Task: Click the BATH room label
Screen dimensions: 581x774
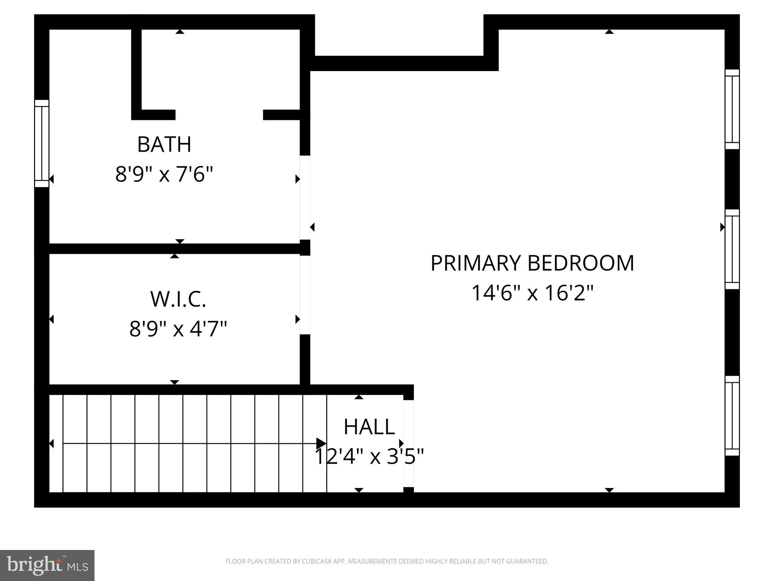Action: pos(164,144)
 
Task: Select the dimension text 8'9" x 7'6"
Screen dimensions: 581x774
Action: pos(164,175)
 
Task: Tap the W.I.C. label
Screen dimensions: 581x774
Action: pos(178,299)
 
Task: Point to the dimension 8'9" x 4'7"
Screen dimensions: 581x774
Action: pos(178,328)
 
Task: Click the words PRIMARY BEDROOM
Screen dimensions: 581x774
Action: pos(532,263)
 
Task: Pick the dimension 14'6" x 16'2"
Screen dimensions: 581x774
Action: pos(532,293)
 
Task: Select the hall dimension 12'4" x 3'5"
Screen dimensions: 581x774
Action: pos(369,457)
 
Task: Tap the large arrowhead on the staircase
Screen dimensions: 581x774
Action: pos(321,443)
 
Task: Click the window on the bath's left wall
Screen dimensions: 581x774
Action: pos(42,143)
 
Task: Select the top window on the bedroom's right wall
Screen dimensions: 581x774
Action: pos(732,109)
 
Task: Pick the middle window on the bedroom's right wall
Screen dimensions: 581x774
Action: pos(732,249)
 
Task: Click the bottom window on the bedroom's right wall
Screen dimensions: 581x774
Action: pos(732,416)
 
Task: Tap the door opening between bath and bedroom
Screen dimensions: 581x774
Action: pos(305,197)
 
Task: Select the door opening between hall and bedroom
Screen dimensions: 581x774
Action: pos(409,443)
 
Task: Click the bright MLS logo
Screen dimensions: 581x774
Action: pos(47,565)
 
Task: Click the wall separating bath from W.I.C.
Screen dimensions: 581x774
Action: pos(174,249)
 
